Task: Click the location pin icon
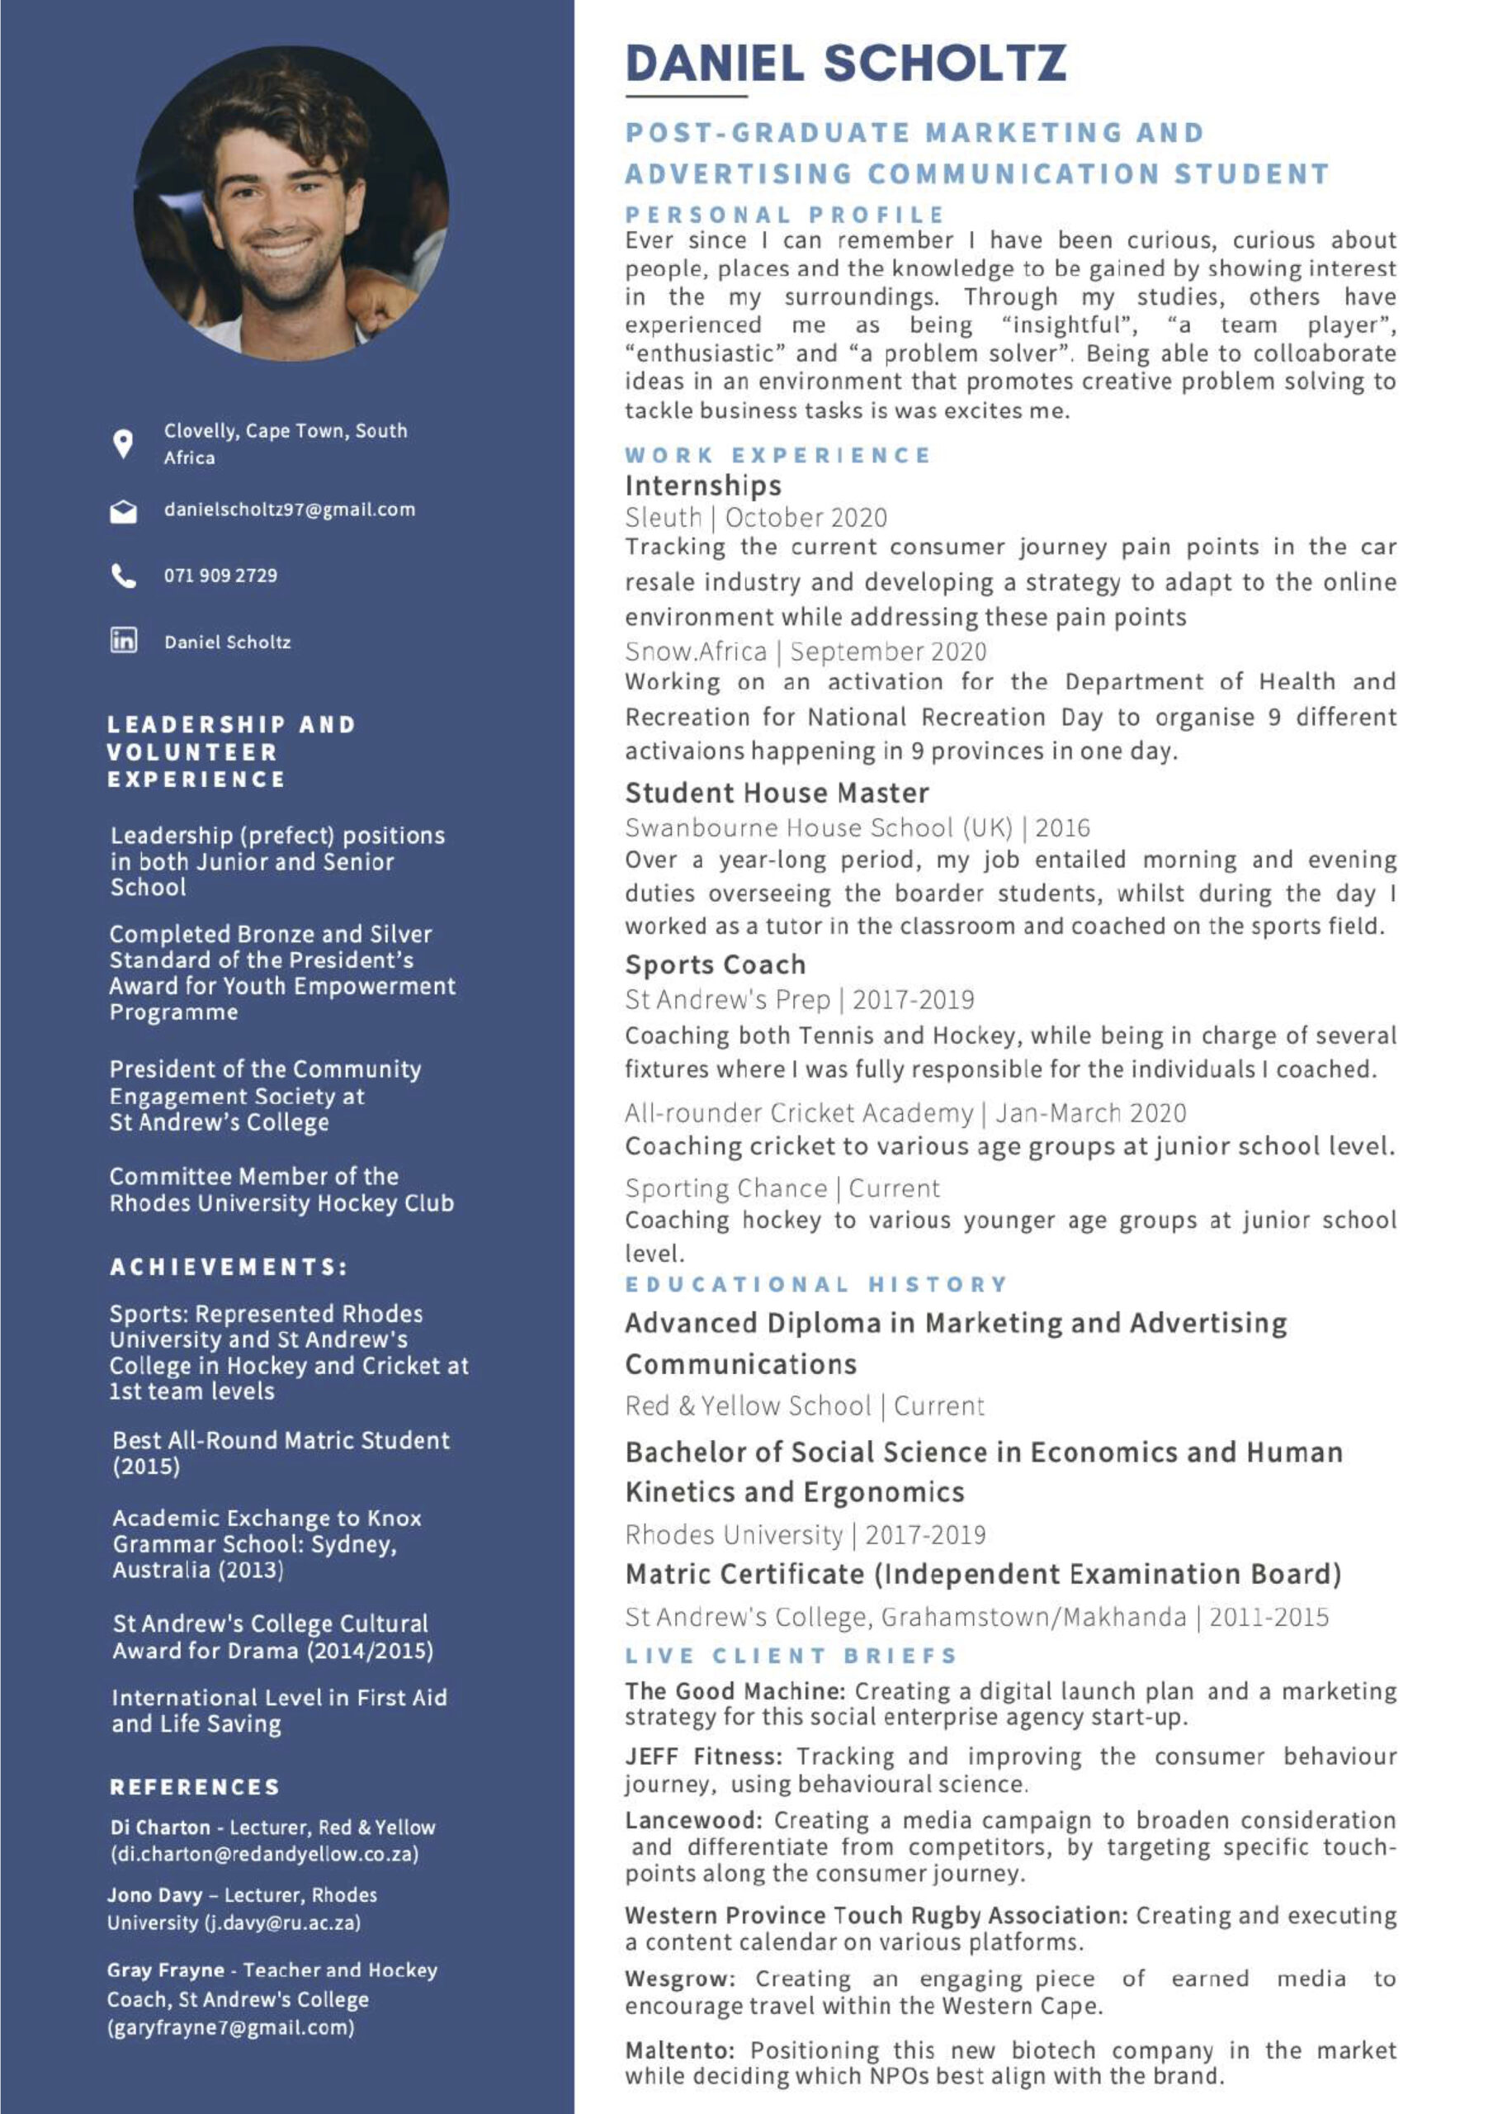[122, 443]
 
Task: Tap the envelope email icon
[123, 512]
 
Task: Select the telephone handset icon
[123, 576]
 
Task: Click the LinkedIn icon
[123, 640]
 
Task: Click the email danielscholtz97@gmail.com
[289, 510]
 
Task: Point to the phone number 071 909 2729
[220, 576]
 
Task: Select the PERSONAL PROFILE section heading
[784, 216]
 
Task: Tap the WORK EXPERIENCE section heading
[777, 455]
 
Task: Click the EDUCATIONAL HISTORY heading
[816, 1283]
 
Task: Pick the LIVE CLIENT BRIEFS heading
[791, 1656]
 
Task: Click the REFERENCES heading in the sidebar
[194, 1786]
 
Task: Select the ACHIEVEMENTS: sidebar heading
[229, 1267]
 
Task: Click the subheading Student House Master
[777, 793]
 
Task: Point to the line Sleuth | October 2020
[756, 518]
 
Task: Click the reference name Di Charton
[160, 1827]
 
